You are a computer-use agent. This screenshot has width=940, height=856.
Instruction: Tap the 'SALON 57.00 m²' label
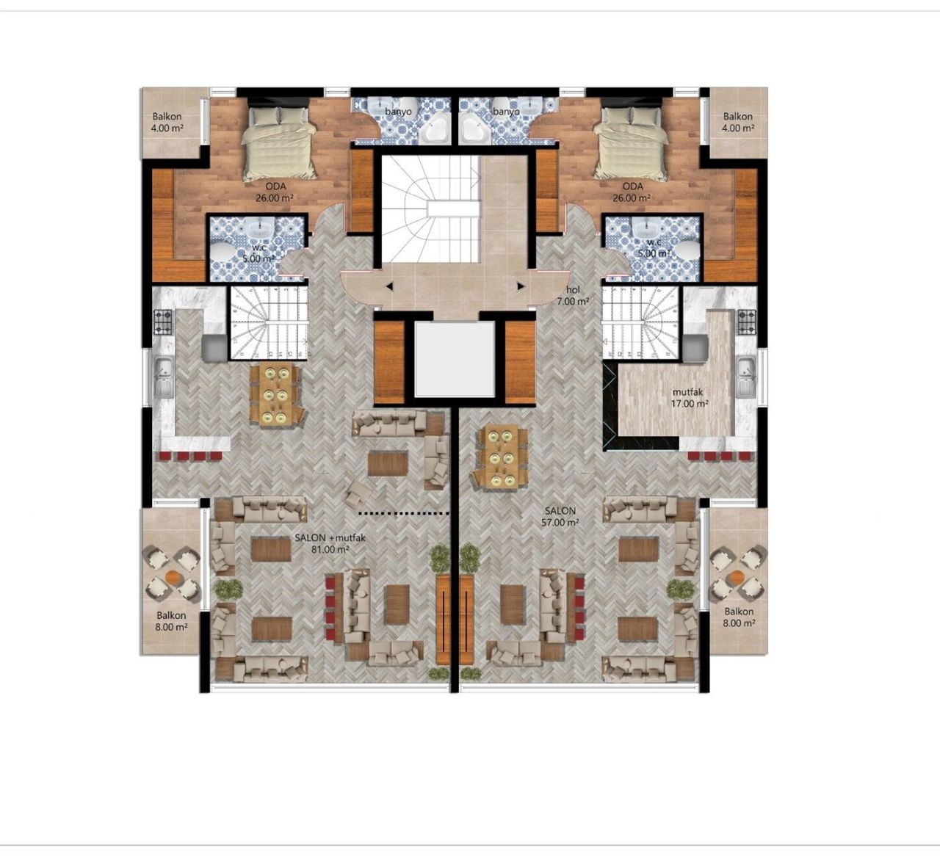[x=560, y=516]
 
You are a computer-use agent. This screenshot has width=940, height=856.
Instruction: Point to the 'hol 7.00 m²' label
[x=574, y=296]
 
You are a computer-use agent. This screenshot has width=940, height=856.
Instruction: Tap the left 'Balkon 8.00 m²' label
[x=170, y=621]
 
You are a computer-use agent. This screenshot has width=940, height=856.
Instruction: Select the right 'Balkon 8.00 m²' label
[x=739, y=617]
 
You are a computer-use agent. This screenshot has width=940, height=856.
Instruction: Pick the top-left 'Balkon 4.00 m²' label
[x=167, y=122]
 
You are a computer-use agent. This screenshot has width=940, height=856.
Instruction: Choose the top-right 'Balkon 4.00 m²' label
[x=737, y=122]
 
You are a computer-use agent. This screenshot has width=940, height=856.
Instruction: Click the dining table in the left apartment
[x=276, y=394]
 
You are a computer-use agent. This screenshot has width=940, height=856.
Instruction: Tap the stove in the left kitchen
[x=163, y=320]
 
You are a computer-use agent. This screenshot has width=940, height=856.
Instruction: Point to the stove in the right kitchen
[x=746, y=320]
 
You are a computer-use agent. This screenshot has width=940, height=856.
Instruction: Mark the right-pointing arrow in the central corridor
[x=519, y=286]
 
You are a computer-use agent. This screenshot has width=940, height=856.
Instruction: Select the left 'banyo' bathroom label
[x=401, y=112]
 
